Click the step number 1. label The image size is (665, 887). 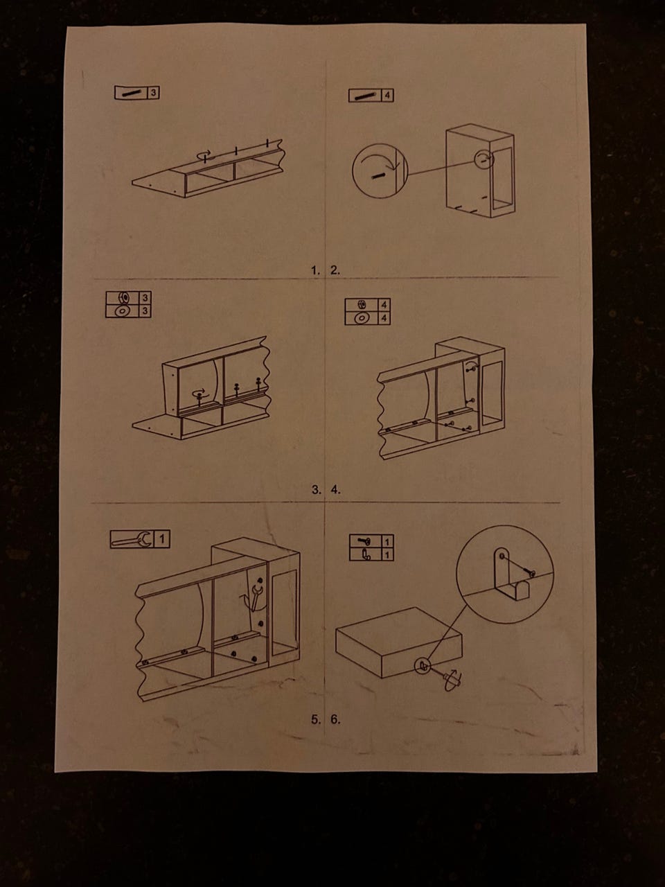coord(315,271)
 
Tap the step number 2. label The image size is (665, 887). coord(335,271)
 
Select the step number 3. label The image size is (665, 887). coord(316,490)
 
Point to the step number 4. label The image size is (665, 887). coord(335,490)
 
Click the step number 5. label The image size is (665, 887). coord(316,719)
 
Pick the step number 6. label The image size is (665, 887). coord(335,719)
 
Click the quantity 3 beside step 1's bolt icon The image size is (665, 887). coord(153,93)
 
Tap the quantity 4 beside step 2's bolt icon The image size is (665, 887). coord(387,96)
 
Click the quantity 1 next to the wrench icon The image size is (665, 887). coord(162,539)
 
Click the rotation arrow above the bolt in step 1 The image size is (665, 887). coord(204,154)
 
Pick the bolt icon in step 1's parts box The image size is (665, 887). coord(131,93)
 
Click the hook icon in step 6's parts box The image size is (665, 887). coord(366,555)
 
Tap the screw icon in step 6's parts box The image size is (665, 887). coord(365,541)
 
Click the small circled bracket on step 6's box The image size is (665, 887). coord(423,665)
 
